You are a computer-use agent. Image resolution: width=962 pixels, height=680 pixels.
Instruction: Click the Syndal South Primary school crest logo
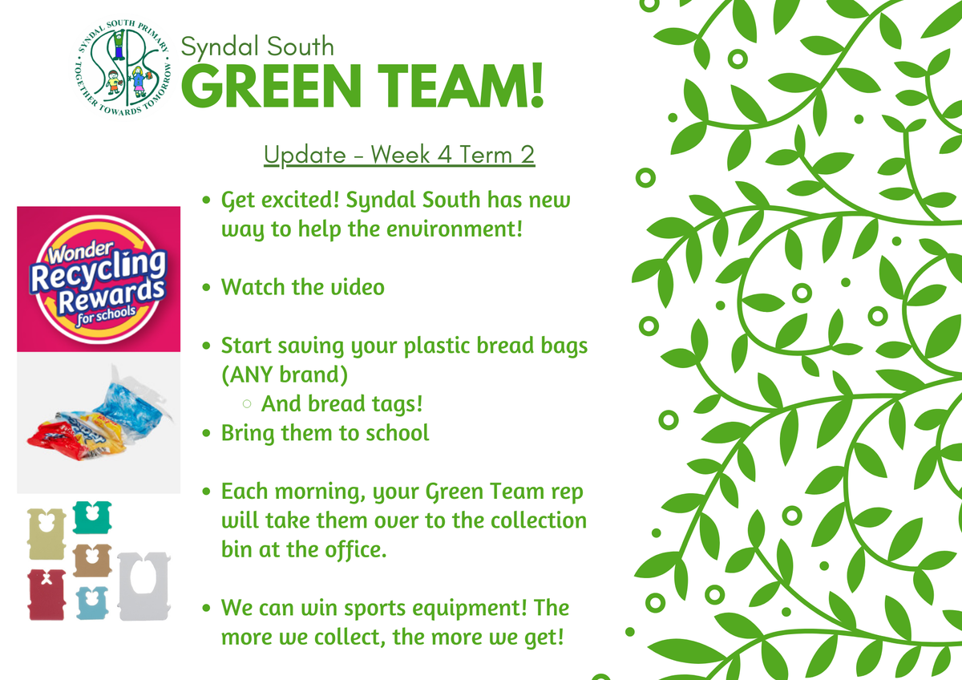pos(123,68)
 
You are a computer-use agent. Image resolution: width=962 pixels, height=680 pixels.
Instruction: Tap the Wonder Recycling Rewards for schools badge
pos(99,279)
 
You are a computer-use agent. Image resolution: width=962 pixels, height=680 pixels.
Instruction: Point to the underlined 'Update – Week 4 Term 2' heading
pos(399,155)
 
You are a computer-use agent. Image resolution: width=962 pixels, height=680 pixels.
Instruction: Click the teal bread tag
pos(92,516)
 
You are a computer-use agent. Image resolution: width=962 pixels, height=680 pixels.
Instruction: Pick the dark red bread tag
pos(46,594)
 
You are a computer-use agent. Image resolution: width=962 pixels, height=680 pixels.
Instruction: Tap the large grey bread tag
pos(143,586)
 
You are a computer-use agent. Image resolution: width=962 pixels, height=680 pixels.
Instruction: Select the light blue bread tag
pos(92,603)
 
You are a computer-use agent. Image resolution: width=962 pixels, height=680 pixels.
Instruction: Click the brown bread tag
pos(92,561)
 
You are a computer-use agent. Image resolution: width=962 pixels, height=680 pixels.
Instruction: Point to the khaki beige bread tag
pos(46,534)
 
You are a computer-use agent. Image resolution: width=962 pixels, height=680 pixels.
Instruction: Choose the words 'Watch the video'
pos(303,287)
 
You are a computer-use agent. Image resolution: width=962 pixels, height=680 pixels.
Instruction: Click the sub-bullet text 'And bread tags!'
pos(342,404)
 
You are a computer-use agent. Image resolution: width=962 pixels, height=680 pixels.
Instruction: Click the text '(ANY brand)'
pos(285,374)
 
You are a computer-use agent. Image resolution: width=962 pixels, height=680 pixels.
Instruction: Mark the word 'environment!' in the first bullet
pos(455,229)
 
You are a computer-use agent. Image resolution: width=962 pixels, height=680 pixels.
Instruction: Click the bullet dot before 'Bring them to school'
pos(207,433)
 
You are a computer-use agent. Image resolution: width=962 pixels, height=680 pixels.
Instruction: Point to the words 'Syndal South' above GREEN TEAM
pos(257,47)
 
